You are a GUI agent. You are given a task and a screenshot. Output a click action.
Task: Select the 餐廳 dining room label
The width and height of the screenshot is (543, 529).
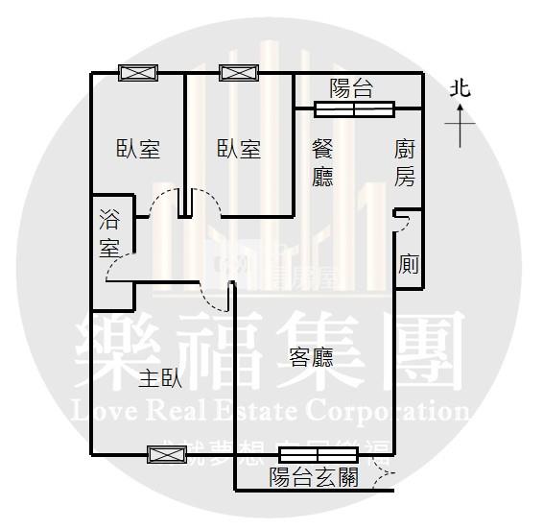click(x=323, y=162)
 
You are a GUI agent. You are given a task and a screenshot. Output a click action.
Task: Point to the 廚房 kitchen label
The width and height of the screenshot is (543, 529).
click(x=405, y=162)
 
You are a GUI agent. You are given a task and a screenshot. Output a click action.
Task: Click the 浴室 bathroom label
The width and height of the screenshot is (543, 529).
click(x=109, y=232)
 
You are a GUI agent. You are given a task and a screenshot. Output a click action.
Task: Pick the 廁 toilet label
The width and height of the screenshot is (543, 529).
click(x=409, y=264)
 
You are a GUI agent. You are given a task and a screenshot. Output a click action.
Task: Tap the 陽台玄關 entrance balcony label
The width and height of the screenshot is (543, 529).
click(x=314, y=477)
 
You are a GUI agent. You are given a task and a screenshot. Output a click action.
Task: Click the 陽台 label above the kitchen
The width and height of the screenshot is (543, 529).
click(x=351, y=88)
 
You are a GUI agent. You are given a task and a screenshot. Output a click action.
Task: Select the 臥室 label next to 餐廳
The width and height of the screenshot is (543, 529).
click(x=239, y=149)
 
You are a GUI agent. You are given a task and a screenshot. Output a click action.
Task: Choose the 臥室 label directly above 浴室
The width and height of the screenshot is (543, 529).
click(x=138, y=149)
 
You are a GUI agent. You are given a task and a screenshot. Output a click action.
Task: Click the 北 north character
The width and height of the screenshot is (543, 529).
click(x=460, y=89)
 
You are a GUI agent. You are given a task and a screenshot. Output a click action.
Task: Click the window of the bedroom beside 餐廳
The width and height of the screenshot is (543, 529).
click(x=239, y=72)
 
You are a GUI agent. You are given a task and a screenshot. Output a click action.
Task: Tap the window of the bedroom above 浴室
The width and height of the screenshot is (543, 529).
click(x=138, y=72)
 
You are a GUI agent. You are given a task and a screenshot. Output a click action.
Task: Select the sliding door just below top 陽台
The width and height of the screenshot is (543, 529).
click(x=354, y=109)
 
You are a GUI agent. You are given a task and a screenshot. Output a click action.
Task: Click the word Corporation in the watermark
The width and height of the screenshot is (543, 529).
click(x=389, y=413)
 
